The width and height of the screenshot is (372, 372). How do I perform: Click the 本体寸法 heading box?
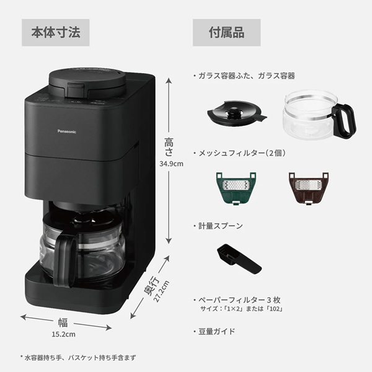55,32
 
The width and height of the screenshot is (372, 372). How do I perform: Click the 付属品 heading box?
226,32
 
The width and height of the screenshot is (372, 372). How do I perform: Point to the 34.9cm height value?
171,164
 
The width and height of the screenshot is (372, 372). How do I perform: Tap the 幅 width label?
63,322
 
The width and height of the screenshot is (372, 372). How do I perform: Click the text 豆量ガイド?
217,331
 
